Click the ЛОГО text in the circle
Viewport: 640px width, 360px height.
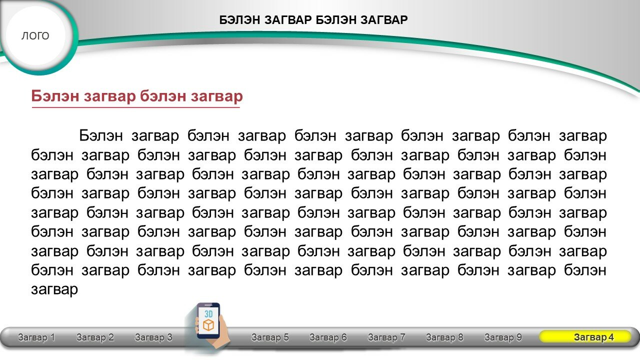(x=35, y=36)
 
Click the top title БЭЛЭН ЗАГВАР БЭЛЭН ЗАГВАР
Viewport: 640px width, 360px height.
(x=313, y=20)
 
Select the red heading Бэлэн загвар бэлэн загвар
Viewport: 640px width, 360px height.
(x=137, y=95)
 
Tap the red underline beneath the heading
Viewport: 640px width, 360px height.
(x=135, y=107)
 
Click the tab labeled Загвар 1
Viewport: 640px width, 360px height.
(x=36, y=337)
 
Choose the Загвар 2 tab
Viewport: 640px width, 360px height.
(x=95, y=337)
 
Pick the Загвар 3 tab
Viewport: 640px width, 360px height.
(x=153, y=337)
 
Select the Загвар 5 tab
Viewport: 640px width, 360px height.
(x=270, y=337)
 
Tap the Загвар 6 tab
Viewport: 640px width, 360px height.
(x=328, y=337)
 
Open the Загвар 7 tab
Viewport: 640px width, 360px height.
(x=386, y=337)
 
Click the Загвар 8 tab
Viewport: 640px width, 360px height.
(x=444, y=337)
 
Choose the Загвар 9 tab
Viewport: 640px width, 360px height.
(x=503, y=337)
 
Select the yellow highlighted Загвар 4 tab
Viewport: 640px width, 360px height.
(x=585, y=336)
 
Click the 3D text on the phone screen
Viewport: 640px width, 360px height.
(x=208, y=314)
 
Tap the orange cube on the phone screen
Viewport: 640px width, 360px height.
(x=208, y=325)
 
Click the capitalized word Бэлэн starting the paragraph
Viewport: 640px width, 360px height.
(x=101, y=135)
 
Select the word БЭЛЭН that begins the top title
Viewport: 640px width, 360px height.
(x=239, y=20)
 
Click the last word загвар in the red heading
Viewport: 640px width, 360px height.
(x=217, y=96)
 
